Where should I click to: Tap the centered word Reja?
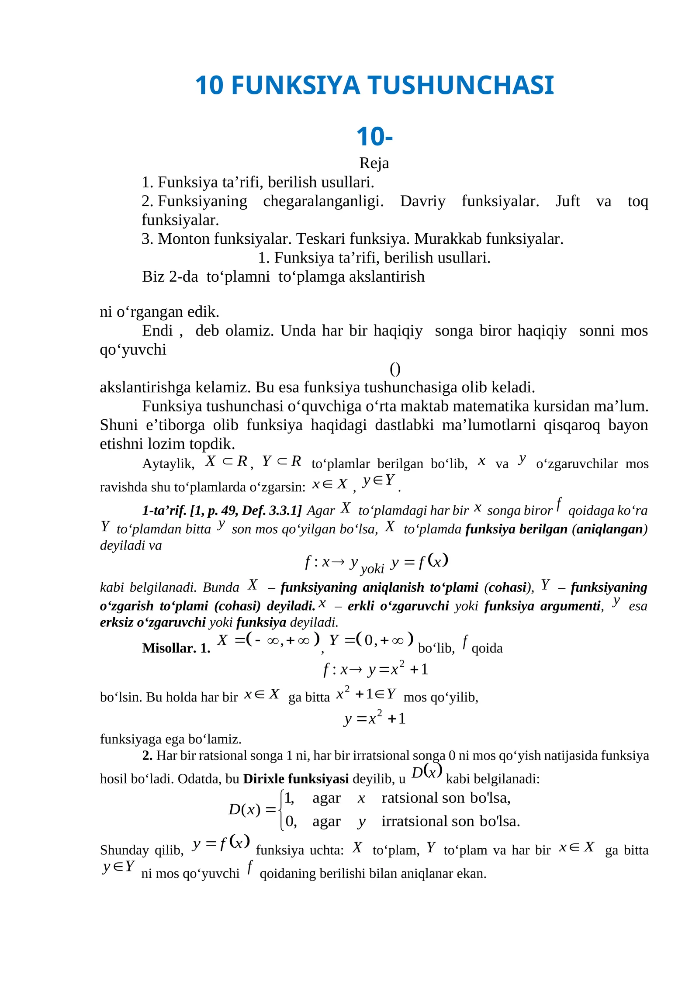[x=374, y=163]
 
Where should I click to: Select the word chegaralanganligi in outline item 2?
[x=323, y=201]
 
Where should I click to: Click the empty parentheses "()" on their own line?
[x=395, y=369]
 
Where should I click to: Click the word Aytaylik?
[x=168, y=463]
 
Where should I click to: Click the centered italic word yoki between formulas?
[x=372, y=569]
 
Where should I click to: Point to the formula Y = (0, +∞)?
[x=371, y=640]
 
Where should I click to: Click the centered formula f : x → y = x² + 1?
[x=376, y=670]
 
